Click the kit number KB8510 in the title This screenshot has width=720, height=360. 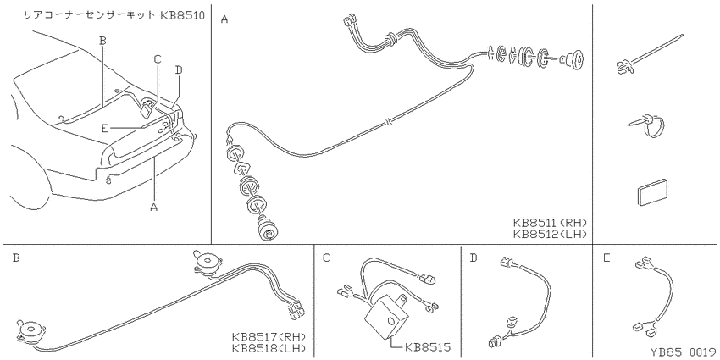(182, 15)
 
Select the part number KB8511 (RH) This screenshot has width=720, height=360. (551, 223)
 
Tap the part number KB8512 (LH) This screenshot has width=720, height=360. (551, 235)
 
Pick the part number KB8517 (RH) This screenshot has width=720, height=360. (269, 336)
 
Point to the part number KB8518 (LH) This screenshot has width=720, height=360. (269, 347)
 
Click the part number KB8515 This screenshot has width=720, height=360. (428, 346)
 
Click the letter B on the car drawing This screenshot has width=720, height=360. (102, 41)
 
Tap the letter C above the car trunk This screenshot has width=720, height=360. (158, 59)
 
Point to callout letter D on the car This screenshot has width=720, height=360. (179, 70)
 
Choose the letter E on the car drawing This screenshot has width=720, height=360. (105, 129)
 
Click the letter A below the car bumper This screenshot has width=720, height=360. (154, 208)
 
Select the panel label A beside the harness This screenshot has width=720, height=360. (224, 19)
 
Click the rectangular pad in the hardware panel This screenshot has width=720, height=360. (651, 191)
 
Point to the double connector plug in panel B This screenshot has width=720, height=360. (296, 309)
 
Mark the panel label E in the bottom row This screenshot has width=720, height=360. (606, 258)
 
